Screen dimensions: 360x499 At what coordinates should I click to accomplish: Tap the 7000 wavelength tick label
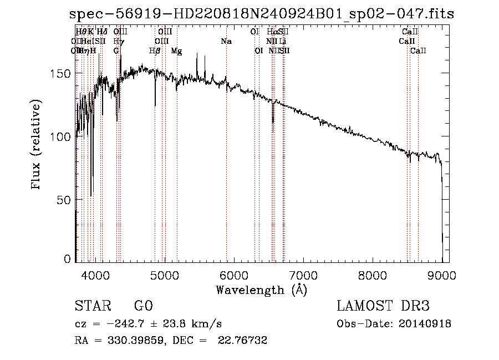coord(303,275)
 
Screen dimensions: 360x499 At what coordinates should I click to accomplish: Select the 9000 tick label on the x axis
coord(442,275)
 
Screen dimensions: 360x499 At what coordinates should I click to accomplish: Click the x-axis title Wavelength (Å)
coord(261,290)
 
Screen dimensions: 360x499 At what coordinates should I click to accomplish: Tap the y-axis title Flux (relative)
coord(37,145)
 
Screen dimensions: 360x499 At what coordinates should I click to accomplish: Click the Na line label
coord(226,42)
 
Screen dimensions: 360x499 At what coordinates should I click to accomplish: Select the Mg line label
coord(176,51)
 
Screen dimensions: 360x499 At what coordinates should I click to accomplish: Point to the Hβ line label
coord(155,51)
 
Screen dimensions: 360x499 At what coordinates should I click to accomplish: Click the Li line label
coord(283,42)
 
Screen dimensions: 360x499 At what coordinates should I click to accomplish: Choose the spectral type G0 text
coord(143,307)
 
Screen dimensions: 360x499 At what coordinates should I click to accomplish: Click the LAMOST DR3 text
coord(383,307)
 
